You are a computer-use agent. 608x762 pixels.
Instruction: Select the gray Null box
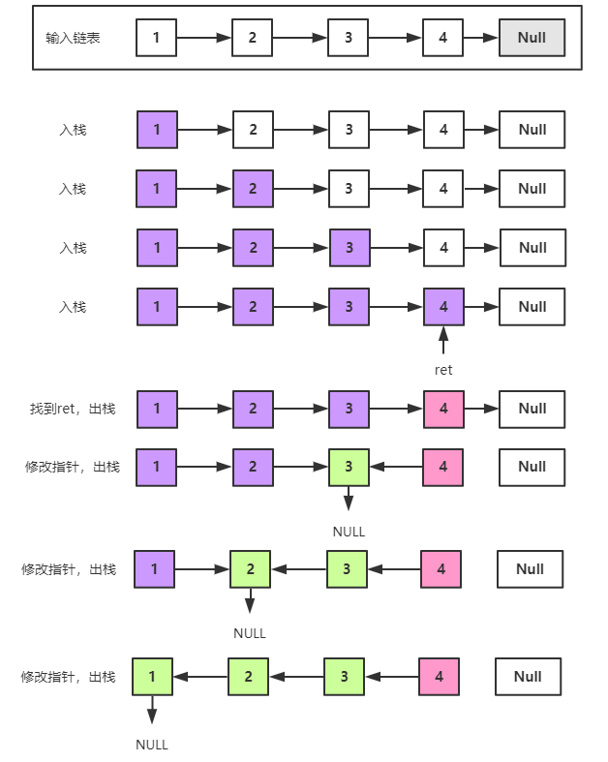[532, 39]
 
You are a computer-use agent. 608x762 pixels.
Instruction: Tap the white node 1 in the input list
[156, 39]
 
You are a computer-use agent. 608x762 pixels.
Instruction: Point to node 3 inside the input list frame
[348, 39]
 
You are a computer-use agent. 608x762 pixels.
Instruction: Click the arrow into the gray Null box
[481, 39]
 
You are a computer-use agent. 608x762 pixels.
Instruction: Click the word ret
[443, 370]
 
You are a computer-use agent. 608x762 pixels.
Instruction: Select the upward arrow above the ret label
[443, 341]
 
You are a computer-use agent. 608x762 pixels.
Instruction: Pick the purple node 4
[443, 307]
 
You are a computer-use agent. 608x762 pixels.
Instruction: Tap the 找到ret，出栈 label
[73, 409]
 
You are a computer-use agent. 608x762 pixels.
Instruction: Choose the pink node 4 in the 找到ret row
[443, 409]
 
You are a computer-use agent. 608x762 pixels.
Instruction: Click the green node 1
[151, 677]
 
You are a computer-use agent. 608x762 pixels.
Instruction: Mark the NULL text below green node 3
[349, 532]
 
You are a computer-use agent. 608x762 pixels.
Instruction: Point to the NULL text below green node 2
[250, 633]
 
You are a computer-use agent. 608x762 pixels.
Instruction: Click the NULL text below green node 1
[152, 745]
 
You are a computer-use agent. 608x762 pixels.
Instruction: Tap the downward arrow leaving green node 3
[349, 500]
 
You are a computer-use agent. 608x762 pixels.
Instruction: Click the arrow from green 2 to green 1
[199, 677]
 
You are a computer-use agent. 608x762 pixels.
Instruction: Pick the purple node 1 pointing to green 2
[154, 569]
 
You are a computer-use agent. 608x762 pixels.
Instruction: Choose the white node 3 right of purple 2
[348, 189]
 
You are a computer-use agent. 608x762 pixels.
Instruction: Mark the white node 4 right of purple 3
[443, 248]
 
